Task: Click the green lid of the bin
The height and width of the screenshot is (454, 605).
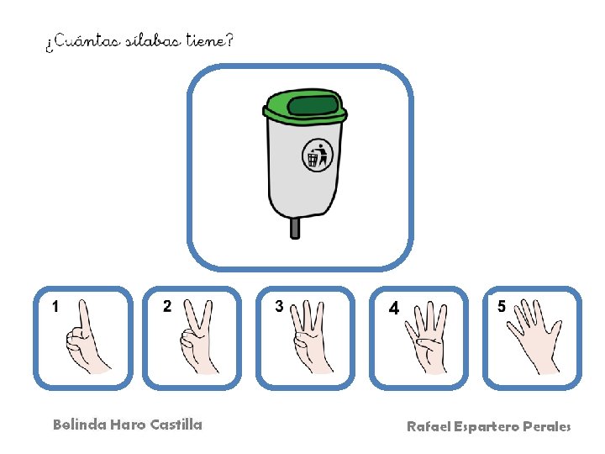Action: (305, 105)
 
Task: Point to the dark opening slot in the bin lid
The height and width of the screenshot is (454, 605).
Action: (313, 105)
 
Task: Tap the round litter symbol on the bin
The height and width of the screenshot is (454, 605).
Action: (318, 156)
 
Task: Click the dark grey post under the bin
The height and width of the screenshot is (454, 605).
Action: (295, 228)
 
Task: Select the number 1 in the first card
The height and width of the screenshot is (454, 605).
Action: (55, 307)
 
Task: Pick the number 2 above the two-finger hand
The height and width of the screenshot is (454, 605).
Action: (167, 306)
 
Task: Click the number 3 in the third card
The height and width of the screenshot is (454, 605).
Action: (279, 306)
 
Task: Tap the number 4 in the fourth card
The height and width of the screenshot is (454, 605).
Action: (393, 308)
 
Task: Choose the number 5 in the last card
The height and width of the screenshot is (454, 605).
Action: (501, 306)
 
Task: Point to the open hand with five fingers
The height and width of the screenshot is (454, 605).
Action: (534, 336)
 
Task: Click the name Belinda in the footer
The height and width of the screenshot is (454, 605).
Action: (80, 425)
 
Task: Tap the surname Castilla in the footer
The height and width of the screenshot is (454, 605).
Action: (176, 425)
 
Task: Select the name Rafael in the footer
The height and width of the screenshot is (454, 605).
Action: (429, 426)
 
